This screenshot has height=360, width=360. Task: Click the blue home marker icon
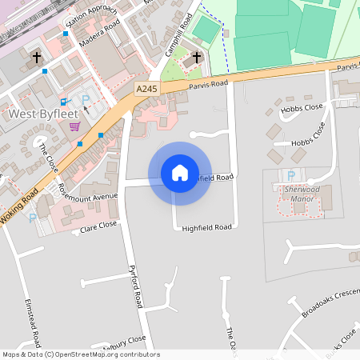click(x=180, y=173)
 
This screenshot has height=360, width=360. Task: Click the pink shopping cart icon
click(x=74, y=126)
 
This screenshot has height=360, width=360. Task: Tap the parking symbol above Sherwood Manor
click(x=290, y=175)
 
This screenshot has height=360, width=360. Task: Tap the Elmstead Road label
click(x=38, y=321)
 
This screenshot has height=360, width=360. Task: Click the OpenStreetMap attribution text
click(x=80, y=354)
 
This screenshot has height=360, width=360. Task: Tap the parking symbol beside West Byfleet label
click(x=86, y=100)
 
